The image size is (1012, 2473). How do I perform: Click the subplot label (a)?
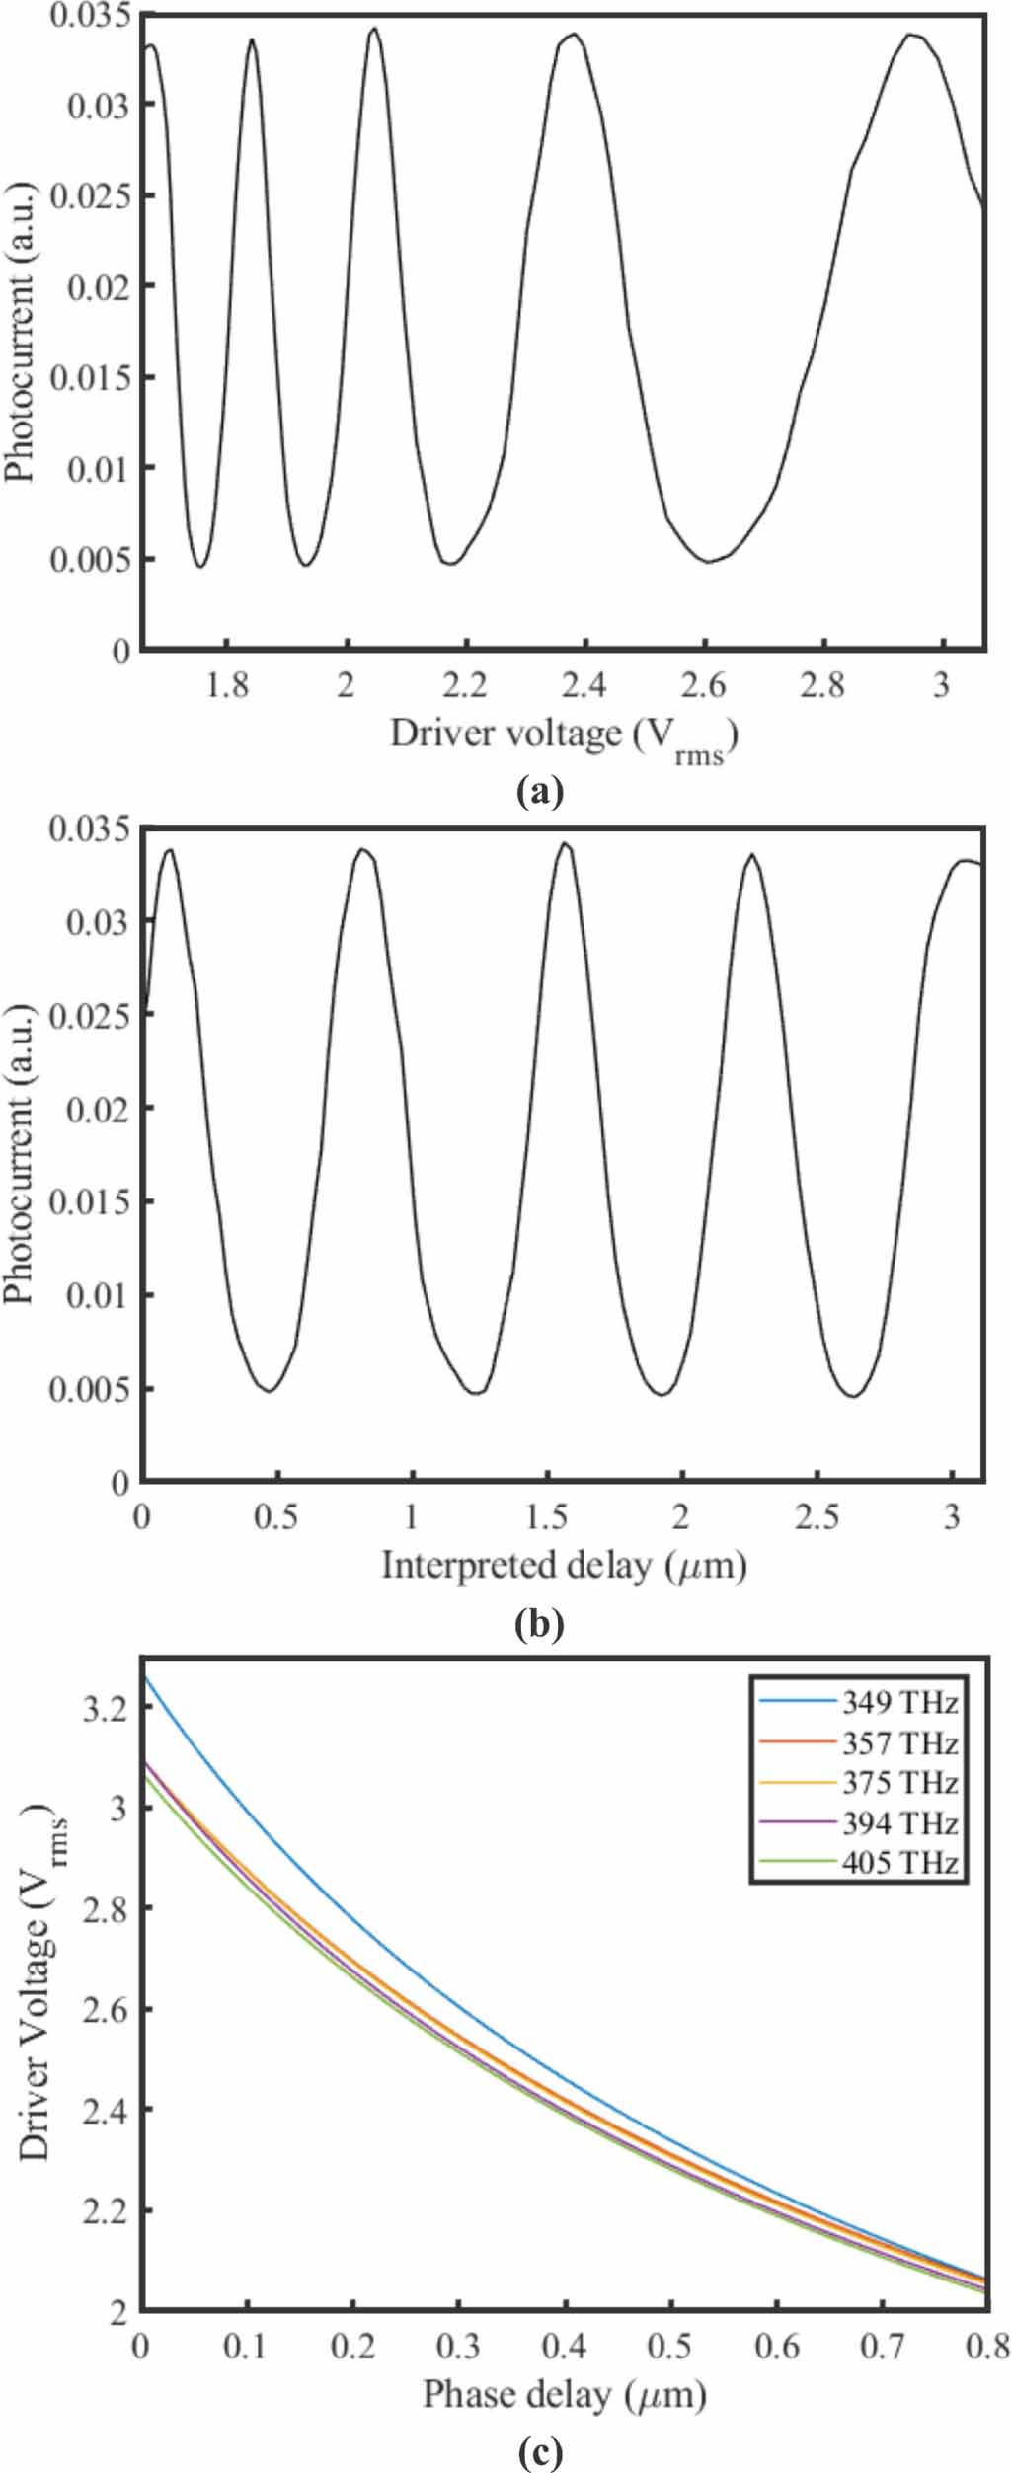539,791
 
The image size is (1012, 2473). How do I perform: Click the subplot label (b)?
539,1623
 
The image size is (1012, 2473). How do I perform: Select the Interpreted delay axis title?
564,1566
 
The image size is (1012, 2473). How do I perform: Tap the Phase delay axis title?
564,2395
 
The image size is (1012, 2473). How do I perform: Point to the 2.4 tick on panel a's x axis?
585,685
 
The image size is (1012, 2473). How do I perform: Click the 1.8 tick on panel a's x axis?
227,685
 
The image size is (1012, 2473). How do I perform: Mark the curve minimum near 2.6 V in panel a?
707,562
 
